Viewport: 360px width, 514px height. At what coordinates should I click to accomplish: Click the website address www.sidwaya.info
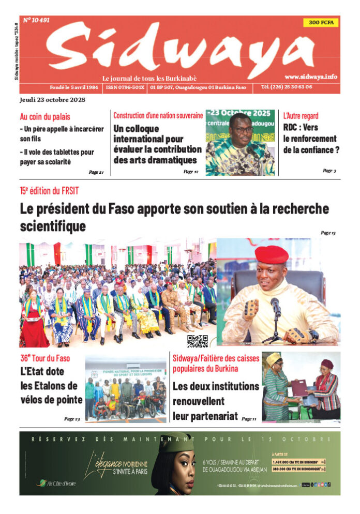pos(310,77)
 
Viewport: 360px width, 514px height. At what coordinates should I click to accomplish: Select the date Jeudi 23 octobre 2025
pos(52,100)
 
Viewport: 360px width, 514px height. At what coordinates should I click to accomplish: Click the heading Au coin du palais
pos(45,117)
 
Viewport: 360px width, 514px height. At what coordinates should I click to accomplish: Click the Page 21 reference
pos(96,172)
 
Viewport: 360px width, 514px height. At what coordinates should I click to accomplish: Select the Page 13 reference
pos(328,233)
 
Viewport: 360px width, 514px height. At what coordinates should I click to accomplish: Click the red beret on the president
pos(271,254)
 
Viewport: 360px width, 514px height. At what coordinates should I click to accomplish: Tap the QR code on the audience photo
pos(198,341)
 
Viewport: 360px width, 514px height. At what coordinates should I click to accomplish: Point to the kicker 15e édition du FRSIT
pos(50,191)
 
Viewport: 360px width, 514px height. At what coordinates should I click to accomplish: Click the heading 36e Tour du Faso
pos(45,358)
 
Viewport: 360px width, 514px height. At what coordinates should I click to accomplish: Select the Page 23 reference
pos(72,418)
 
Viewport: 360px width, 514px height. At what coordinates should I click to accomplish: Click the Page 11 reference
pos(249,418)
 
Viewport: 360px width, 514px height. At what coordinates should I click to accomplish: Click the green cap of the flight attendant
pos(176,443)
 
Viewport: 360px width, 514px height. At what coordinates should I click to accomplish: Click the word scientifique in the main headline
pos(53,226)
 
